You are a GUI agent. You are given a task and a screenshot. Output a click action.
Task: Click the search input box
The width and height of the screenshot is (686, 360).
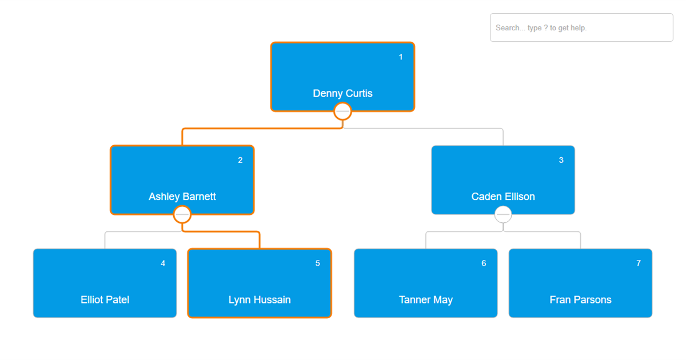pyautogui.click(x=581, y=27)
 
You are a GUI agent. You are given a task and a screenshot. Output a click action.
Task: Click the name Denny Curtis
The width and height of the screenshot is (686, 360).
pyautogui.click(x=342, y=93)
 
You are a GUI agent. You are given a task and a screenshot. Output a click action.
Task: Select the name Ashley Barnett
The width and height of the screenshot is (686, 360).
pyautogui.click(x=182, y=197)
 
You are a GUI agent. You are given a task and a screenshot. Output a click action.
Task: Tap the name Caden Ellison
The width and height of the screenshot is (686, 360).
pyautogui.click(x=503, y=197)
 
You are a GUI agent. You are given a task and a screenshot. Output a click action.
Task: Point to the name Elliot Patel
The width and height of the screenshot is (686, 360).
pyautogui.click(x=105, y=299)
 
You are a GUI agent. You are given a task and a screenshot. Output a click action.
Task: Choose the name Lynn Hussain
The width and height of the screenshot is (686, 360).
pyautogui.click(x=260, y=299)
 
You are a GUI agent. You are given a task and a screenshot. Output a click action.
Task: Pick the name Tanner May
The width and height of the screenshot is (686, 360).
pyautogui.click(x=426, y=299)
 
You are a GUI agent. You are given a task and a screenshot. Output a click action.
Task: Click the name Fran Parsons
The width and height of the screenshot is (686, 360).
pyautogui.click(x=580, y=299)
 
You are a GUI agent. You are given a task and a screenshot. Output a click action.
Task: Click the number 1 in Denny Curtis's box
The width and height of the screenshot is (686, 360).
pyautogui.click(x=400, y=57)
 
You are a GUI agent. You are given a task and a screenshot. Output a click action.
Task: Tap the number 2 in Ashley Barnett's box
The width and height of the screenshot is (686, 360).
pyautogui.click(x=240, y=160)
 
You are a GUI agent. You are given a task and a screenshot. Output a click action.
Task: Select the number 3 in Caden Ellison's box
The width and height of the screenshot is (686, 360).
pyautogui.click(x=561, y=160)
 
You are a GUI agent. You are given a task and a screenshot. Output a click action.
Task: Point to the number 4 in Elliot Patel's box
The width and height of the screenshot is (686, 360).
pyautogui.click(x=163, y=263)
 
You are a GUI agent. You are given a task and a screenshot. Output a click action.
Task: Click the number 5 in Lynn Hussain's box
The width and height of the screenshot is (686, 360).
pyautogui.click(x=318, y=263)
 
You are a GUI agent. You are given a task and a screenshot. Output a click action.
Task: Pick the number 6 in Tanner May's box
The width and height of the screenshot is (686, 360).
pyautogui.click(x=484, y=263)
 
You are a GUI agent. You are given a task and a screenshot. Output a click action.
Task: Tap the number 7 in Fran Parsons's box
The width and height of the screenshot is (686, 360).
pyautogui.click(x=639, y=263)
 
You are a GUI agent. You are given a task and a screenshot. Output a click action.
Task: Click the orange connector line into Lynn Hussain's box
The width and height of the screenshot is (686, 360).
pyautogui.click(x=221, y=232)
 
